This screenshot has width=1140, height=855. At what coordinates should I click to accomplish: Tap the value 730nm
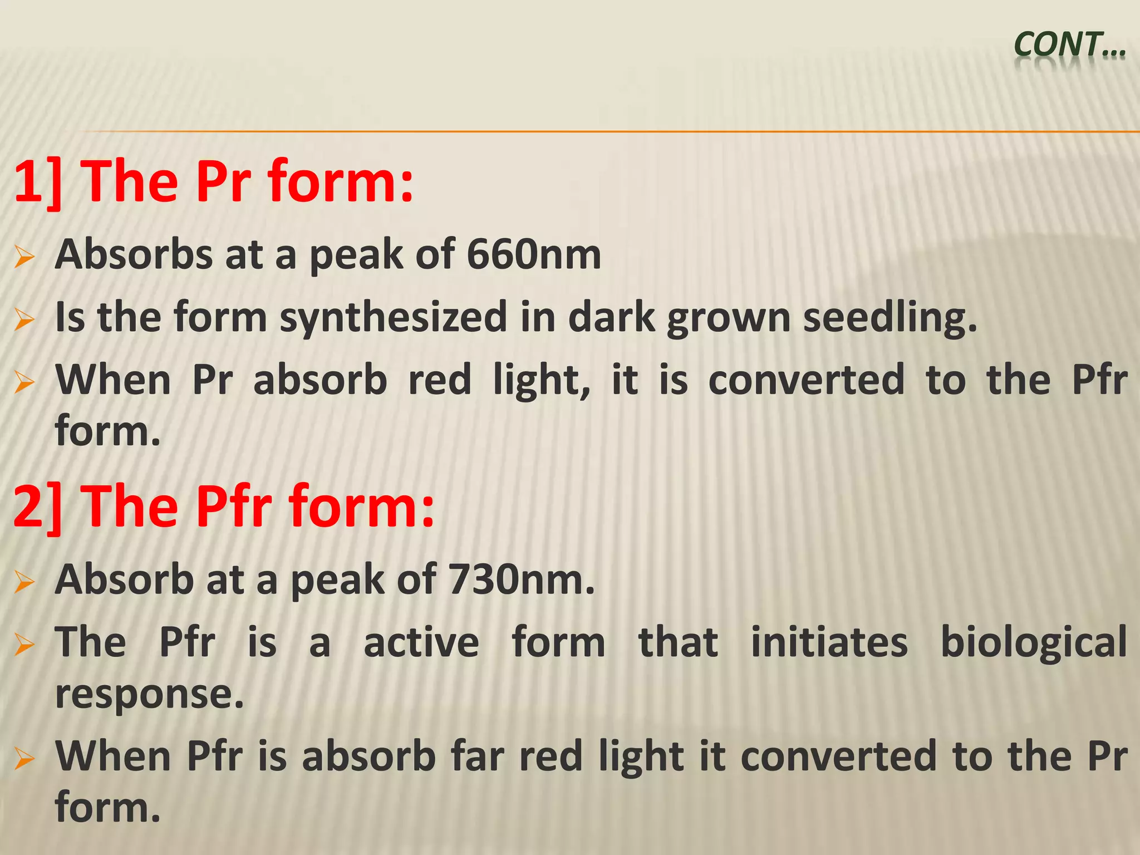521,579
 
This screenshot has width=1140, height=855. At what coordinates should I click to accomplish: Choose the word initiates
829,642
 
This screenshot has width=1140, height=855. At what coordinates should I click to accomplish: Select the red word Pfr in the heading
234,507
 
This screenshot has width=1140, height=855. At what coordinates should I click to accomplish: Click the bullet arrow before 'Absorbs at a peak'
25,257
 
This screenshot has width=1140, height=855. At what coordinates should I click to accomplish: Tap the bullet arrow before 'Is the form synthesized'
25,320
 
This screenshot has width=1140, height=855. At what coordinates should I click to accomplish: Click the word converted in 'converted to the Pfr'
806,380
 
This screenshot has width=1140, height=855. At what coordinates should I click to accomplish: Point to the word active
421,642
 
